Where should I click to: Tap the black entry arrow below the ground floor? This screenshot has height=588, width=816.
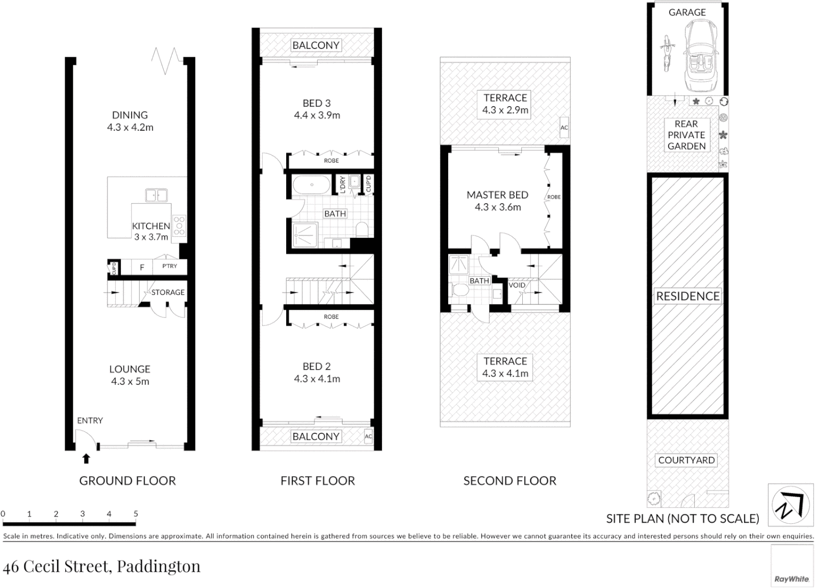[85, 458]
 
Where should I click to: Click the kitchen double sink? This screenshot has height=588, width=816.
[156, 194]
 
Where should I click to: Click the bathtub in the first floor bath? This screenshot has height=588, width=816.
[311, 185]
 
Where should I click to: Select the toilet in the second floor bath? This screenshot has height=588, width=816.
[461, 290]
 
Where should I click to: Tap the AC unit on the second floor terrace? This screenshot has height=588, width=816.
[564, 127]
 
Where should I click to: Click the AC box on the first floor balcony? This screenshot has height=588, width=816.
[368, 436]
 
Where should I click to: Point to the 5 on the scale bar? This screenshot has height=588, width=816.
[135, 514]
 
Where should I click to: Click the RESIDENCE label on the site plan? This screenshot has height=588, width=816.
[688, 296]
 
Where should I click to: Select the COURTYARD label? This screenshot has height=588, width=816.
[686, 460]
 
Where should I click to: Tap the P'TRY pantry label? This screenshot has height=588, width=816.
[170, 266]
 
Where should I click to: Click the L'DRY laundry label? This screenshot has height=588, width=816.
[343, 184]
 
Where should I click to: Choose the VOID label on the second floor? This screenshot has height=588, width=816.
[517, 285]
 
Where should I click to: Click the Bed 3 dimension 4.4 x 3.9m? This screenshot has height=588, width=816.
[317, 115]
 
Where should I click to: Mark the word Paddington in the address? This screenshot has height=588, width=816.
[159, 567]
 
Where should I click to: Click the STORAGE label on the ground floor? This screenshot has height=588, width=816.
[168, 292]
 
